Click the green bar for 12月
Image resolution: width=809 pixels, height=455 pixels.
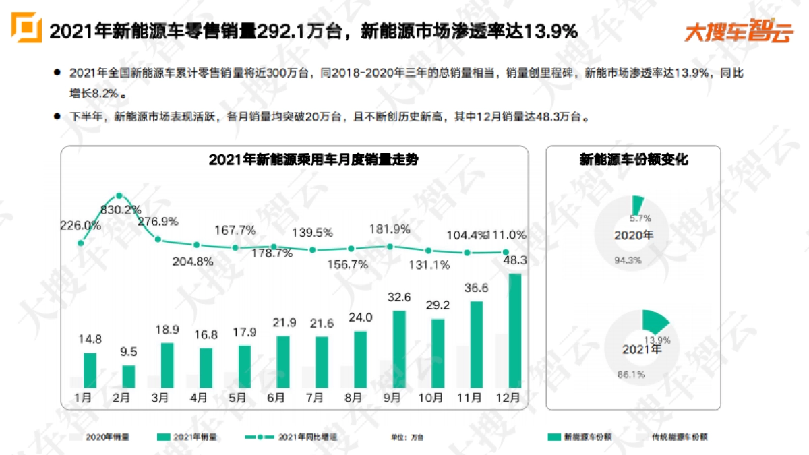pyautogui.click(x=514, y=330)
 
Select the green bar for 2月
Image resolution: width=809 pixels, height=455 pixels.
pyautogui.click(x=128, y=376)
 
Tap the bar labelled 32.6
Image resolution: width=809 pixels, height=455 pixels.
pyautogui.click(x=399, y=349)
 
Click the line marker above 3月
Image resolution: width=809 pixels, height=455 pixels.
pyautogui.click(x=158, y=239)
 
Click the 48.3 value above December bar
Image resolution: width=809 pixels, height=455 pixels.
pyautogui.click(x=515, y=260)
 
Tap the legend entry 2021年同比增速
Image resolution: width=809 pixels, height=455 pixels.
pyautogui.click(x=299, y=437)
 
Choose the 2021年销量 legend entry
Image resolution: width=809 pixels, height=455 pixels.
pyautogui.click(x=188, y=437)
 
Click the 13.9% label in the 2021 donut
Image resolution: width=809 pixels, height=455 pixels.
pyautogui.click(x=657, y=340)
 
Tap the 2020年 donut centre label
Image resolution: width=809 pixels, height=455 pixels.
pyautogui.click(x=634, y=235)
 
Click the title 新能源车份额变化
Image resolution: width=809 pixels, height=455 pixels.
pyautogui.click(x=633, y=160)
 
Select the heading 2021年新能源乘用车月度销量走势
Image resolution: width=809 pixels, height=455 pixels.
pyautogui.click(x=294, y=160)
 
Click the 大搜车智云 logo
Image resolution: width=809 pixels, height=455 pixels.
pyautogui.click(x=739, y=32)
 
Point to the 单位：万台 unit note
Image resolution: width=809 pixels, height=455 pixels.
pyautogui.click(x=407, y=437)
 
